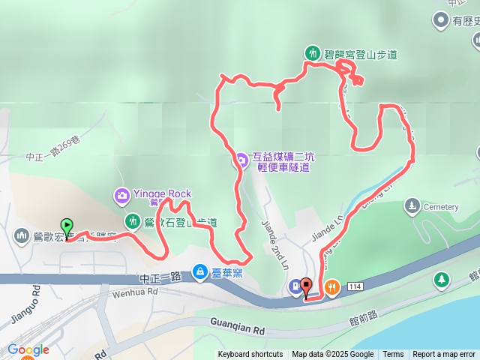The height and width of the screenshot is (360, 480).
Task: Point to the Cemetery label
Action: point(440,207)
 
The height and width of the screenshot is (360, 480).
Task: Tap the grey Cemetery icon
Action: point(412,205)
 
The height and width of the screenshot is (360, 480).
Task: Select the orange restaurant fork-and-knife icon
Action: point(331,286)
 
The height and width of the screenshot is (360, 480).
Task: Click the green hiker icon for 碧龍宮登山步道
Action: point(312,53)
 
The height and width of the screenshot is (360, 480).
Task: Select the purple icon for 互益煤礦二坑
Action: point(241,158)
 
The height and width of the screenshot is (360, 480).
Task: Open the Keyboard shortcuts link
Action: point(250,354)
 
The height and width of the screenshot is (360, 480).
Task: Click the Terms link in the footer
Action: point(393,354)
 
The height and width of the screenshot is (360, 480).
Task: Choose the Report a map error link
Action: point(444,354)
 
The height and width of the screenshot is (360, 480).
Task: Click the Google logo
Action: point(28,349)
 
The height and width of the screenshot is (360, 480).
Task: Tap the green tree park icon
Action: point(442,280)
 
